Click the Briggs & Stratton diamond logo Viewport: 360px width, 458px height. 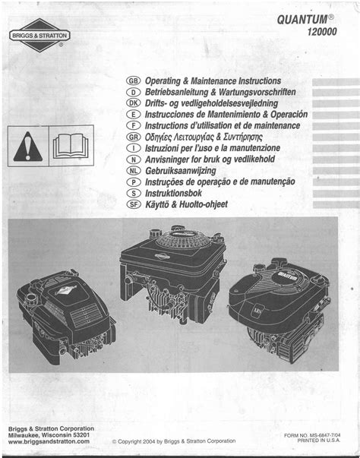pyautogui.click(x=39, y=36)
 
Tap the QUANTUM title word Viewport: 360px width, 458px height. pyautogui.click(x=302, y=20)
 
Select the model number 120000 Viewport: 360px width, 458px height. pyautogui.click(x=322, y=32)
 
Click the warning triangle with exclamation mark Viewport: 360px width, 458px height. pyautogui.click(x=28, y=147)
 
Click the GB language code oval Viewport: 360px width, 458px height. pyautogui.click(x=134, y=81)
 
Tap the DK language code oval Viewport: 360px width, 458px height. pyautogui.click(x=134, y=103)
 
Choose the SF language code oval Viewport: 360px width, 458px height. pyautogui.click(x=134, y=204)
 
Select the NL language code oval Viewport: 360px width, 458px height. pyautogui.click(x=134, y=171)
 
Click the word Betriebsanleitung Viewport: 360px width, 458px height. pyautogui.click(x=177, y=93)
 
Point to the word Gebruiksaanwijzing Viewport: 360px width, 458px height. pyautogui.click(x=181, y=171)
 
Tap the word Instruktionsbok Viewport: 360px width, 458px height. pyautogui.click(x=173, y=193)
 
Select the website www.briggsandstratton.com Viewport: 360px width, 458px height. pyautogui.click(x=49, y=441)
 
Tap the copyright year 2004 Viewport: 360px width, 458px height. pyautogui.click(x=149, y=441)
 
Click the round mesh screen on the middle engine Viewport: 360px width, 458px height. pyautogui.click(x=184, y=240)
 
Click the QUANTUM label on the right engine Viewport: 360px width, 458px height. pyautogui.click(x=288, y=276)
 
